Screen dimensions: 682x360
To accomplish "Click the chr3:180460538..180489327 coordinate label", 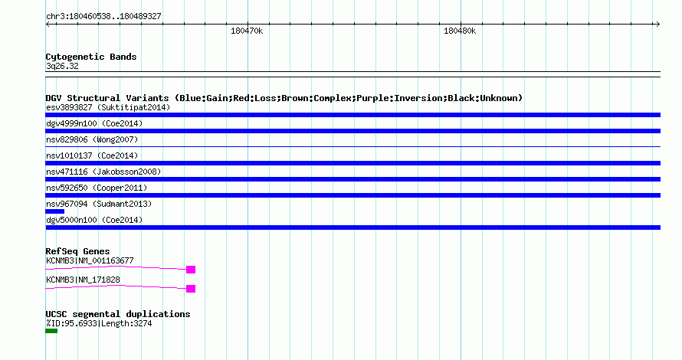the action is (103, 17).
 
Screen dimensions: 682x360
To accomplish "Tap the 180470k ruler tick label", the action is (247, 31).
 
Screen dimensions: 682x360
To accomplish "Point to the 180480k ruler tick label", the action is (460, 31).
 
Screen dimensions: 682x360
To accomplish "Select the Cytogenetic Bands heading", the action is (91, 57).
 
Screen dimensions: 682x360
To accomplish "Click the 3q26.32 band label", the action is (62, 66).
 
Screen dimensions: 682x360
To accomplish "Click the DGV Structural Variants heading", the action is (284, 98).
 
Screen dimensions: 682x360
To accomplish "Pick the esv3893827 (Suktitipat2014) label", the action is (108, 107).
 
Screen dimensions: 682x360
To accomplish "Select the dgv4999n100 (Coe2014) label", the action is (94, 123).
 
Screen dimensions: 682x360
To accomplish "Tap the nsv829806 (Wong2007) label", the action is (92, 139).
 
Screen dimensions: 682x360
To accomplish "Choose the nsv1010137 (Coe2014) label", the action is (92, 155).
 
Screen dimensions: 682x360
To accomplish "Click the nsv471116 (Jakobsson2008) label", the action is (103, 172).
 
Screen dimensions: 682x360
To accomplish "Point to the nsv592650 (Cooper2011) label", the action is (97, 188).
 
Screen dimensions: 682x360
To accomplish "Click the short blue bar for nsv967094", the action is (55, 211).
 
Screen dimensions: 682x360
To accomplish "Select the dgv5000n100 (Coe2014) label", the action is (94, 220).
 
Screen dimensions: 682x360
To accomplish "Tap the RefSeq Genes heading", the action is (77, 251).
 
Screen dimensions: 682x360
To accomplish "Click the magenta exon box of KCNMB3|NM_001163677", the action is (191, 270).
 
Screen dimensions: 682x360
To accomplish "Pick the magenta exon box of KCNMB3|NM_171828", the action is (191, 289).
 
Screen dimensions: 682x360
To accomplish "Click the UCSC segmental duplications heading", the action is (118, 314).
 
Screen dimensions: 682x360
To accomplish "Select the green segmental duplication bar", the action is (51, 331).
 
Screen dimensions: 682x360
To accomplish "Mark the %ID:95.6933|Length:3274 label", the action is (99, 323).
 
